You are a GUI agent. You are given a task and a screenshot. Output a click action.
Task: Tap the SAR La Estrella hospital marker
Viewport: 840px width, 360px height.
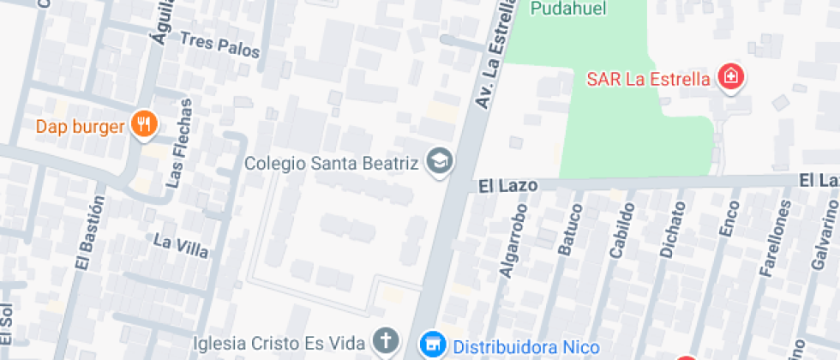[x=731, y=79]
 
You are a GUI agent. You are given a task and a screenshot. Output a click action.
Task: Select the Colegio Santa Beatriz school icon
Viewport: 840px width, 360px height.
[x=441, y=161]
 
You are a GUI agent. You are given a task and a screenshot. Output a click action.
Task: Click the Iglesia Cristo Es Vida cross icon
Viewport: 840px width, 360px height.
[x=387, y=341]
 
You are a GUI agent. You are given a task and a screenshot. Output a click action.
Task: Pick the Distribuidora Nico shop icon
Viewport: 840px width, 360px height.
[x=433, y=345]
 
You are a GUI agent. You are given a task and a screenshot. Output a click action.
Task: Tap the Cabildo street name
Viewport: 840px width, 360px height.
[x=621, y=230]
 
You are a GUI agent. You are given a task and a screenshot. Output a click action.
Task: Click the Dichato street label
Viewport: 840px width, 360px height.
[x=672, y=230]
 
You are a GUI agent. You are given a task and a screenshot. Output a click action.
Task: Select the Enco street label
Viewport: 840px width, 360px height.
[x=726, y=219]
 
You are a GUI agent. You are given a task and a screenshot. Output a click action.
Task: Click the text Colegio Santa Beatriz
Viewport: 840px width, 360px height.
[x=334, y=162]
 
